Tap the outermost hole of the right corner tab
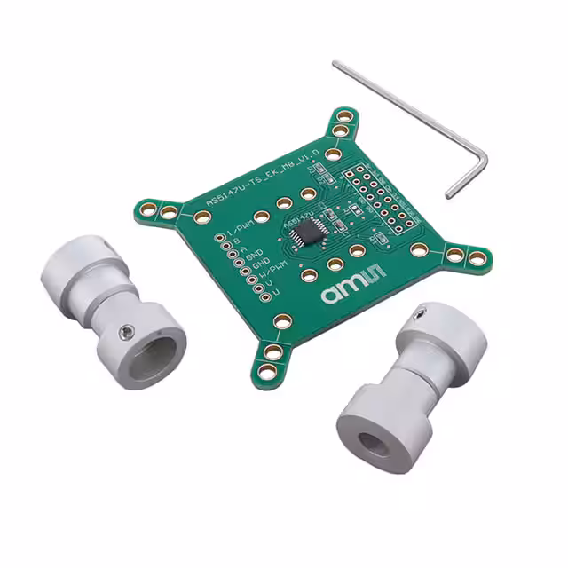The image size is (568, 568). pyautogui.click(x=475, y=258)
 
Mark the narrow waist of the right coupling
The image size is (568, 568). pyautogui.click(x=404, y=379)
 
